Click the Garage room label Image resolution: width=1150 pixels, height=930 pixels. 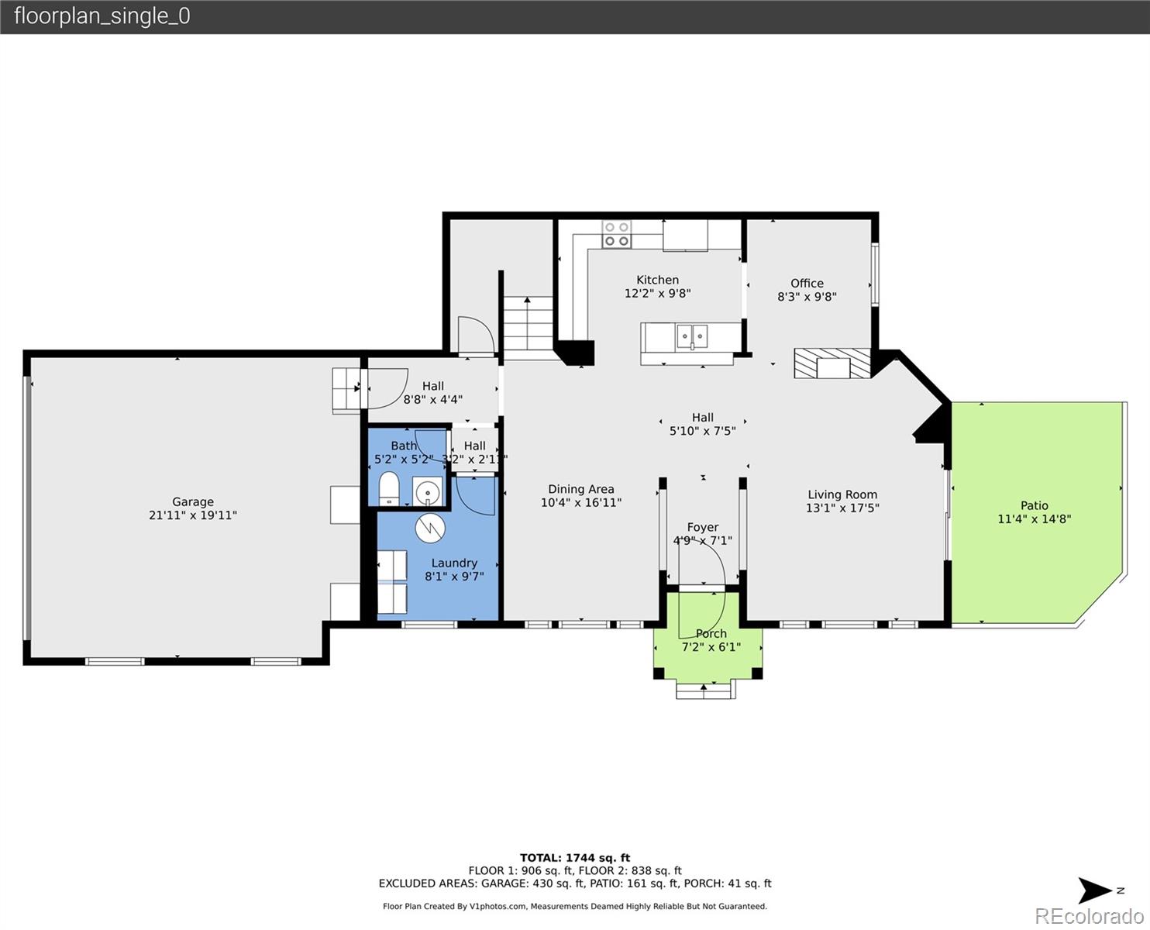click(192, 501)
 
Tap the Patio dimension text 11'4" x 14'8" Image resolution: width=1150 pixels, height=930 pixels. click(1034, 519)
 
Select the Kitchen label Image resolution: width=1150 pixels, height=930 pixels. click(657, 280)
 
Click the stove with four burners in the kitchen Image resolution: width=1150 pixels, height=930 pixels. click(618, 234)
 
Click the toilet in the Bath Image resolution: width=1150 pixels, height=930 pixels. click(388, 489)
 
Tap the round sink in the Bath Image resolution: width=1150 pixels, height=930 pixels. click(427, 492)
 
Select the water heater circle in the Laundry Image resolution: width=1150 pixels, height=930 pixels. click(430, 529)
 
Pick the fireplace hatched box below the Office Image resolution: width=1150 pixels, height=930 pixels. click(832, 363)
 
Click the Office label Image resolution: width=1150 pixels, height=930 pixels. click(807, 283)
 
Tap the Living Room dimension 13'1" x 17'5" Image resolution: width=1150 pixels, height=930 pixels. click(842, 508)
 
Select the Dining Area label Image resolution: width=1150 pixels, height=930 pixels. click(580, 489)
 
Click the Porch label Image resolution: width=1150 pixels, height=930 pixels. click(711, 633)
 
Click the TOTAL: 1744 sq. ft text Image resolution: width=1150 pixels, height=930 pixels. click(574, 858)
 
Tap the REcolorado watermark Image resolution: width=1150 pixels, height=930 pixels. click(1088, 915)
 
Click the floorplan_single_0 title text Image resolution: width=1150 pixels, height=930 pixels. click(102, 16)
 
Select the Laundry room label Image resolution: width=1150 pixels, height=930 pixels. click(454, 563)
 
